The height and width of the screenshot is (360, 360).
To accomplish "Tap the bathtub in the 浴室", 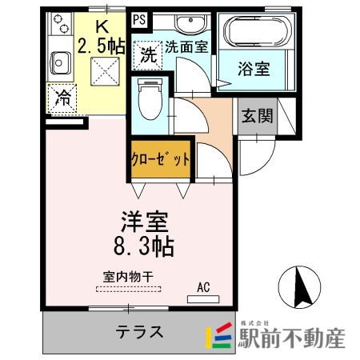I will [257, 33].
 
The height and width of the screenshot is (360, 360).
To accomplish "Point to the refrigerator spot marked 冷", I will [62, 99].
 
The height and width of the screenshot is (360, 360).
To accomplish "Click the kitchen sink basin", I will [60, 59].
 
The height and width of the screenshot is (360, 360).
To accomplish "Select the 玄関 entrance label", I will [256, 114].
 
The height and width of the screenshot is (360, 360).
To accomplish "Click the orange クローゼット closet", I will [161, 159].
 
